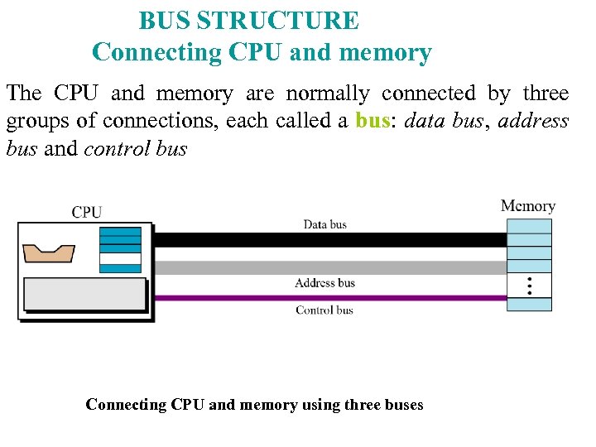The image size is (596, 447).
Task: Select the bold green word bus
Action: tap(372, 121)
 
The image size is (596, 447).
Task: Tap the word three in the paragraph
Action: tap(546, 93)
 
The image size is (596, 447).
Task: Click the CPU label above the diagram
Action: tap(87, 212)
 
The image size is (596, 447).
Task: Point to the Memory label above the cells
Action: tap(527, 206)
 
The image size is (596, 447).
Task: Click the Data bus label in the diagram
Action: tap(324, 224)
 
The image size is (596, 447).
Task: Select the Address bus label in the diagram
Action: tap(324, 283)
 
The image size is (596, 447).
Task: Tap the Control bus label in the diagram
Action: tap(324, 310)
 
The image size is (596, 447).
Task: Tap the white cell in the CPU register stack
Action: tap(120, 258)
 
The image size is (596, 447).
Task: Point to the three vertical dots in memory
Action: tap(529, 286)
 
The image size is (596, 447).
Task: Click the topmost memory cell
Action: tap(529, 226)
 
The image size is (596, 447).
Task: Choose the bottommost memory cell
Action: tap(529, 305)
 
